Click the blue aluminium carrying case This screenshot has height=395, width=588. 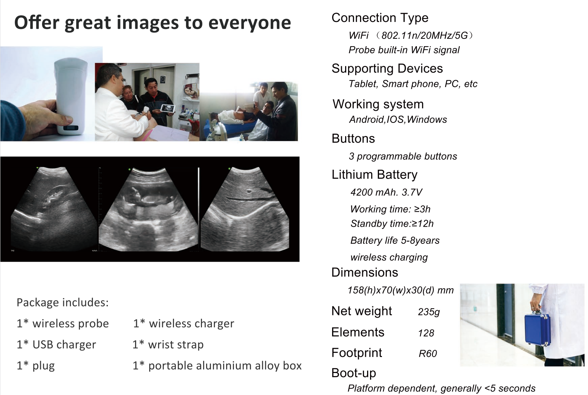(x=537, y=329)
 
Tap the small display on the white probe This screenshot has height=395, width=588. (x=71, y=128)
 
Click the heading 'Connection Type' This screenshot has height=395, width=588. (x=380, y=18)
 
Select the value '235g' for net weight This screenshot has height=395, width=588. (x=429, y=312)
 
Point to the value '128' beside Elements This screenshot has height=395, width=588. (x=426, y=333)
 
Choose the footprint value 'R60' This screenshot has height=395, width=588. (x=428, y=354)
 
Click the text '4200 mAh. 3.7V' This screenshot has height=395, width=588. (x=386, y=192)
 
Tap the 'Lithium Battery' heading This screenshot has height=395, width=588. (x=374, y=175)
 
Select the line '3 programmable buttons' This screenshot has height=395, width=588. (x=403, y=156)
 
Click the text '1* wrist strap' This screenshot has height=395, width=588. (x=168, y=344)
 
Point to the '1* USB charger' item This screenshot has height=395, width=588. (x=56, y=344)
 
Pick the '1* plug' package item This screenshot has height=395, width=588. (x=36, y=366)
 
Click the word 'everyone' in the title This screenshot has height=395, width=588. (x=250, y=23)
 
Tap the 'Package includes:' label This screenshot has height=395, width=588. (x=62, y=302)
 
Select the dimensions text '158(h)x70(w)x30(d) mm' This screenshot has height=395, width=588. (x=401, y=290)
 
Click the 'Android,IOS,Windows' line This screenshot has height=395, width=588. (x=398, y=120)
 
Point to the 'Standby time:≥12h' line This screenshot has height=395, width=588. (x=392, y=223)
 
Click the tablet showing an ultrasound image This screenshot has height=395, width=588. (x=168, y=109)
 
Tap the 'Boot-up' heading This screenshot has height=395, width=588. (x=354, y=373)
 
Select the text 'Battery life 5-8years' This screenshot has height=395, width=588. (x=395, y=240)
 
